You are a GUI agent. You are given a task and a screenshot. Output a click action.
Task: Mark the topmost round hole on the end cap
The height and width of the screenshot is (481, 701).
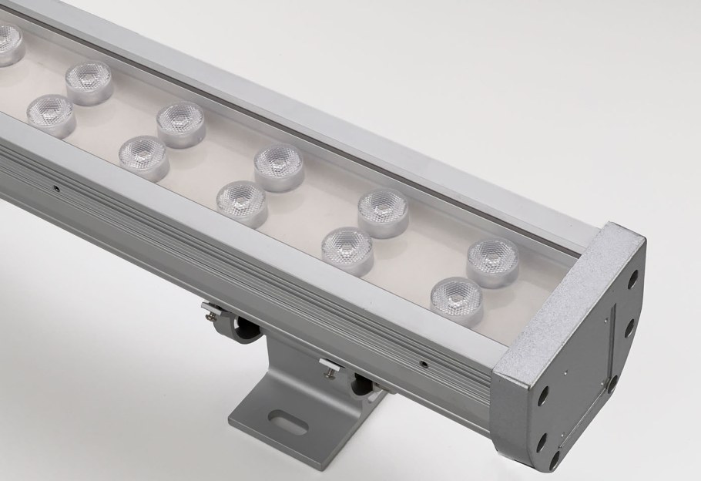coord(632,279)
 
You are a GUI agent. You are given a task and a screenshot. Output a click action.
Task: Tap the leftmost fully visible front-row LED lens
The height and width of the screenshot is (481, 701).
coord(50,111)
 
